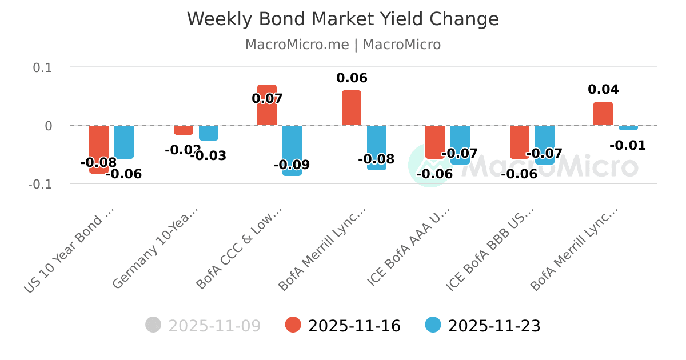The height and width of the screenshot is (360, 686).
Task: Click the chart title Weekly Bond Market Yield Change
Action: [342, 19]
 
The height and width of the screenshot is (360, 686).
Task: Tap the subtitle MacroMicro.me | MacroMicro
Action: [342, 45]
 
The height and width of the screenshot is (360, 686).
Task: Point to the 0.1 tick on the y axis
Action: [42, 67]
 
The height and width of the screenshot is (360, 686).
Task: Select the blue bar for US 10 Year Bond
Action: [124, 142]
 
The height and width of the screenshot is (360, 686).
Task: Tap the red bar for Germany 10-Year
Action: [184, 130]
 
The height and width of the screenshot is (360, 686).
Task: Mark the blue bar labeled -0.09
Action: [292, 150]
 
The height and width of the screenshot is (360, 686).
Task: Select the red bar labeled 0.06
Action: [352, 108]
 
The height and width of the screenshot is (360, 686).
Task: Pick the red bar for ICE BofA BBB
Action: [520, 142]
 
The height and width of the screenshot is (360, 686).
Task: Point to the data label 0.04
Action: [603, 90]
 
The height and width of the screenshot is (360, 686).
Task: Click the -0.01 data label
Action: [628, 146]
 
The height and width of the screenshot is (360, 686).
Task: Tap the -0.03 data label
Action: [209, 155]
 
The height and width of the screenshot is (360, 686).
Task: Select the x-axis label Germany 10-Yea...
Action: [155, 249]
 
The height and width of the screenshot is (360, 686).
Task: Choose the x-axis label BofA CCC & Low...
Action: [240, 249]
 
